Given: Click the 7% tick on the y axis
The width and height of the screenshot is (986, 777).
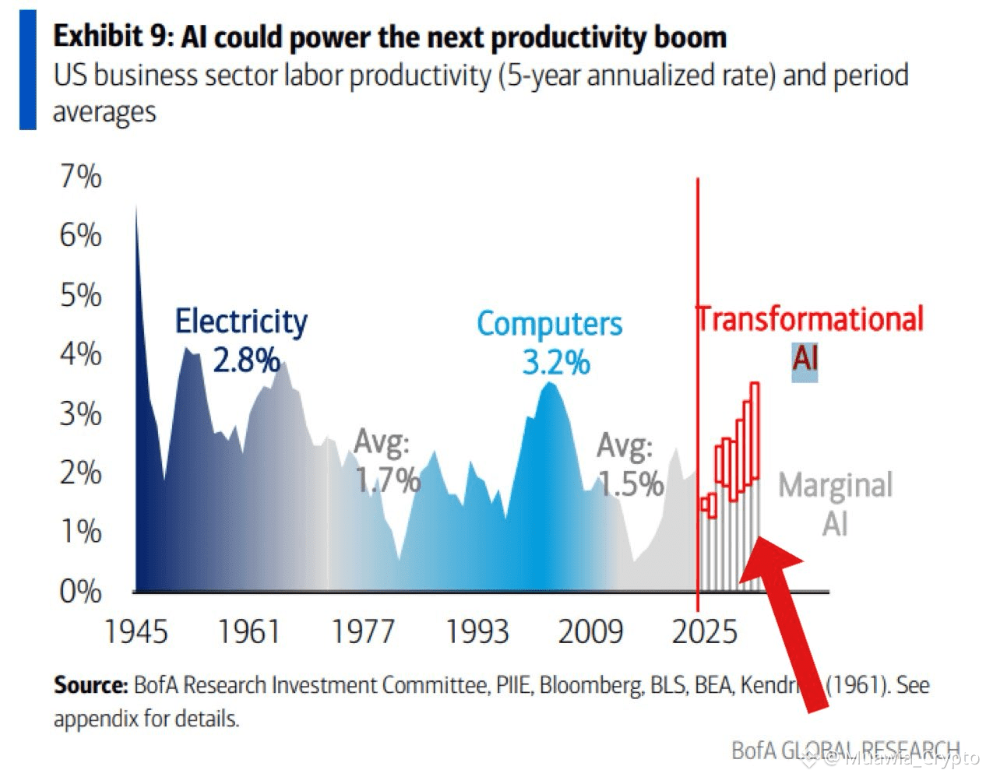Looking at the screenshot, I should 81,177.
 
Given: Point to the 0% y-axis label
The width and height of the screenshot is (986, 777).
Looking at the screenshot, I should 81,592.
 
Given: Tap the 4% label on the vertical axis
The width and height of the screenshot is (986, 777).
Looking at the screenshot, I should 81,354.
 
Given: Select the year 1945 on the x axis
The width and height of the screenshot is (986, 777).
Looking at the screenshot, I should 136,631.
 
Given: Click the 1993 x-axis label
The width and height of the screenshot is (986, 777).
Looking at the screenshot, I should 477,631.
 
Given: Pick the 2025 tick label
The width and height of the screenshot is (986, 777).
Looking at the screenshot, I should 704,631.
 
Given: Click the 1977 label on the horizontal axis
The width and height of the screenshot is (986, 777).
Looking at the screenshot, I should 363,631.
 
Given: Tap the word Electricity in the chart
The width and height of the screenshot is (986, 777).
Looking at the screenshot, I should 241,322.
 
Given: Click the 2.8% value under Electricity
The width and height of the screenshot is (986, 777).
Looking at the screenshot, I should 246,360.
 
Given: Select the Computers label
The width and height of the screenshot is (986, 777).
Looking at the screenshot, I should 549,324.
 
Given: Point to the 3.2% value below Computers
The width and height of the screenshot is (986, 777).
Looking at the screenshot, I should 555,363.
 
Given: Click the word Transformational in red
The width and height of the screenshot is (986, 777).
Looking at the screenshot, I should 810,319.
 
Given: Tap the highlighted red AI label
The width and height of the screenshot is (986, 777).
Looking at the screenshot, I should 805,359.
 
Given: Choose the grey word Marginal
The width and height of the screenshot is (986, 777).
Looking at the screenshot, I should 835,485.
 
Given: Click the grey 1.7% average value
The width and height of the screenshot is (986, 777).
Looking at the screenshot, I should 388,480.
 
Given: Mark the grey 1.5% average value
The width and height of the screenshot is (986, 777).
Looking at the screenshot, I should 631,484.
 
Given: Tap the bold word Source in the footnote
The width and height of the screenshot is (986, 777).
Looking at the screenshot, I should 90,685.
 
